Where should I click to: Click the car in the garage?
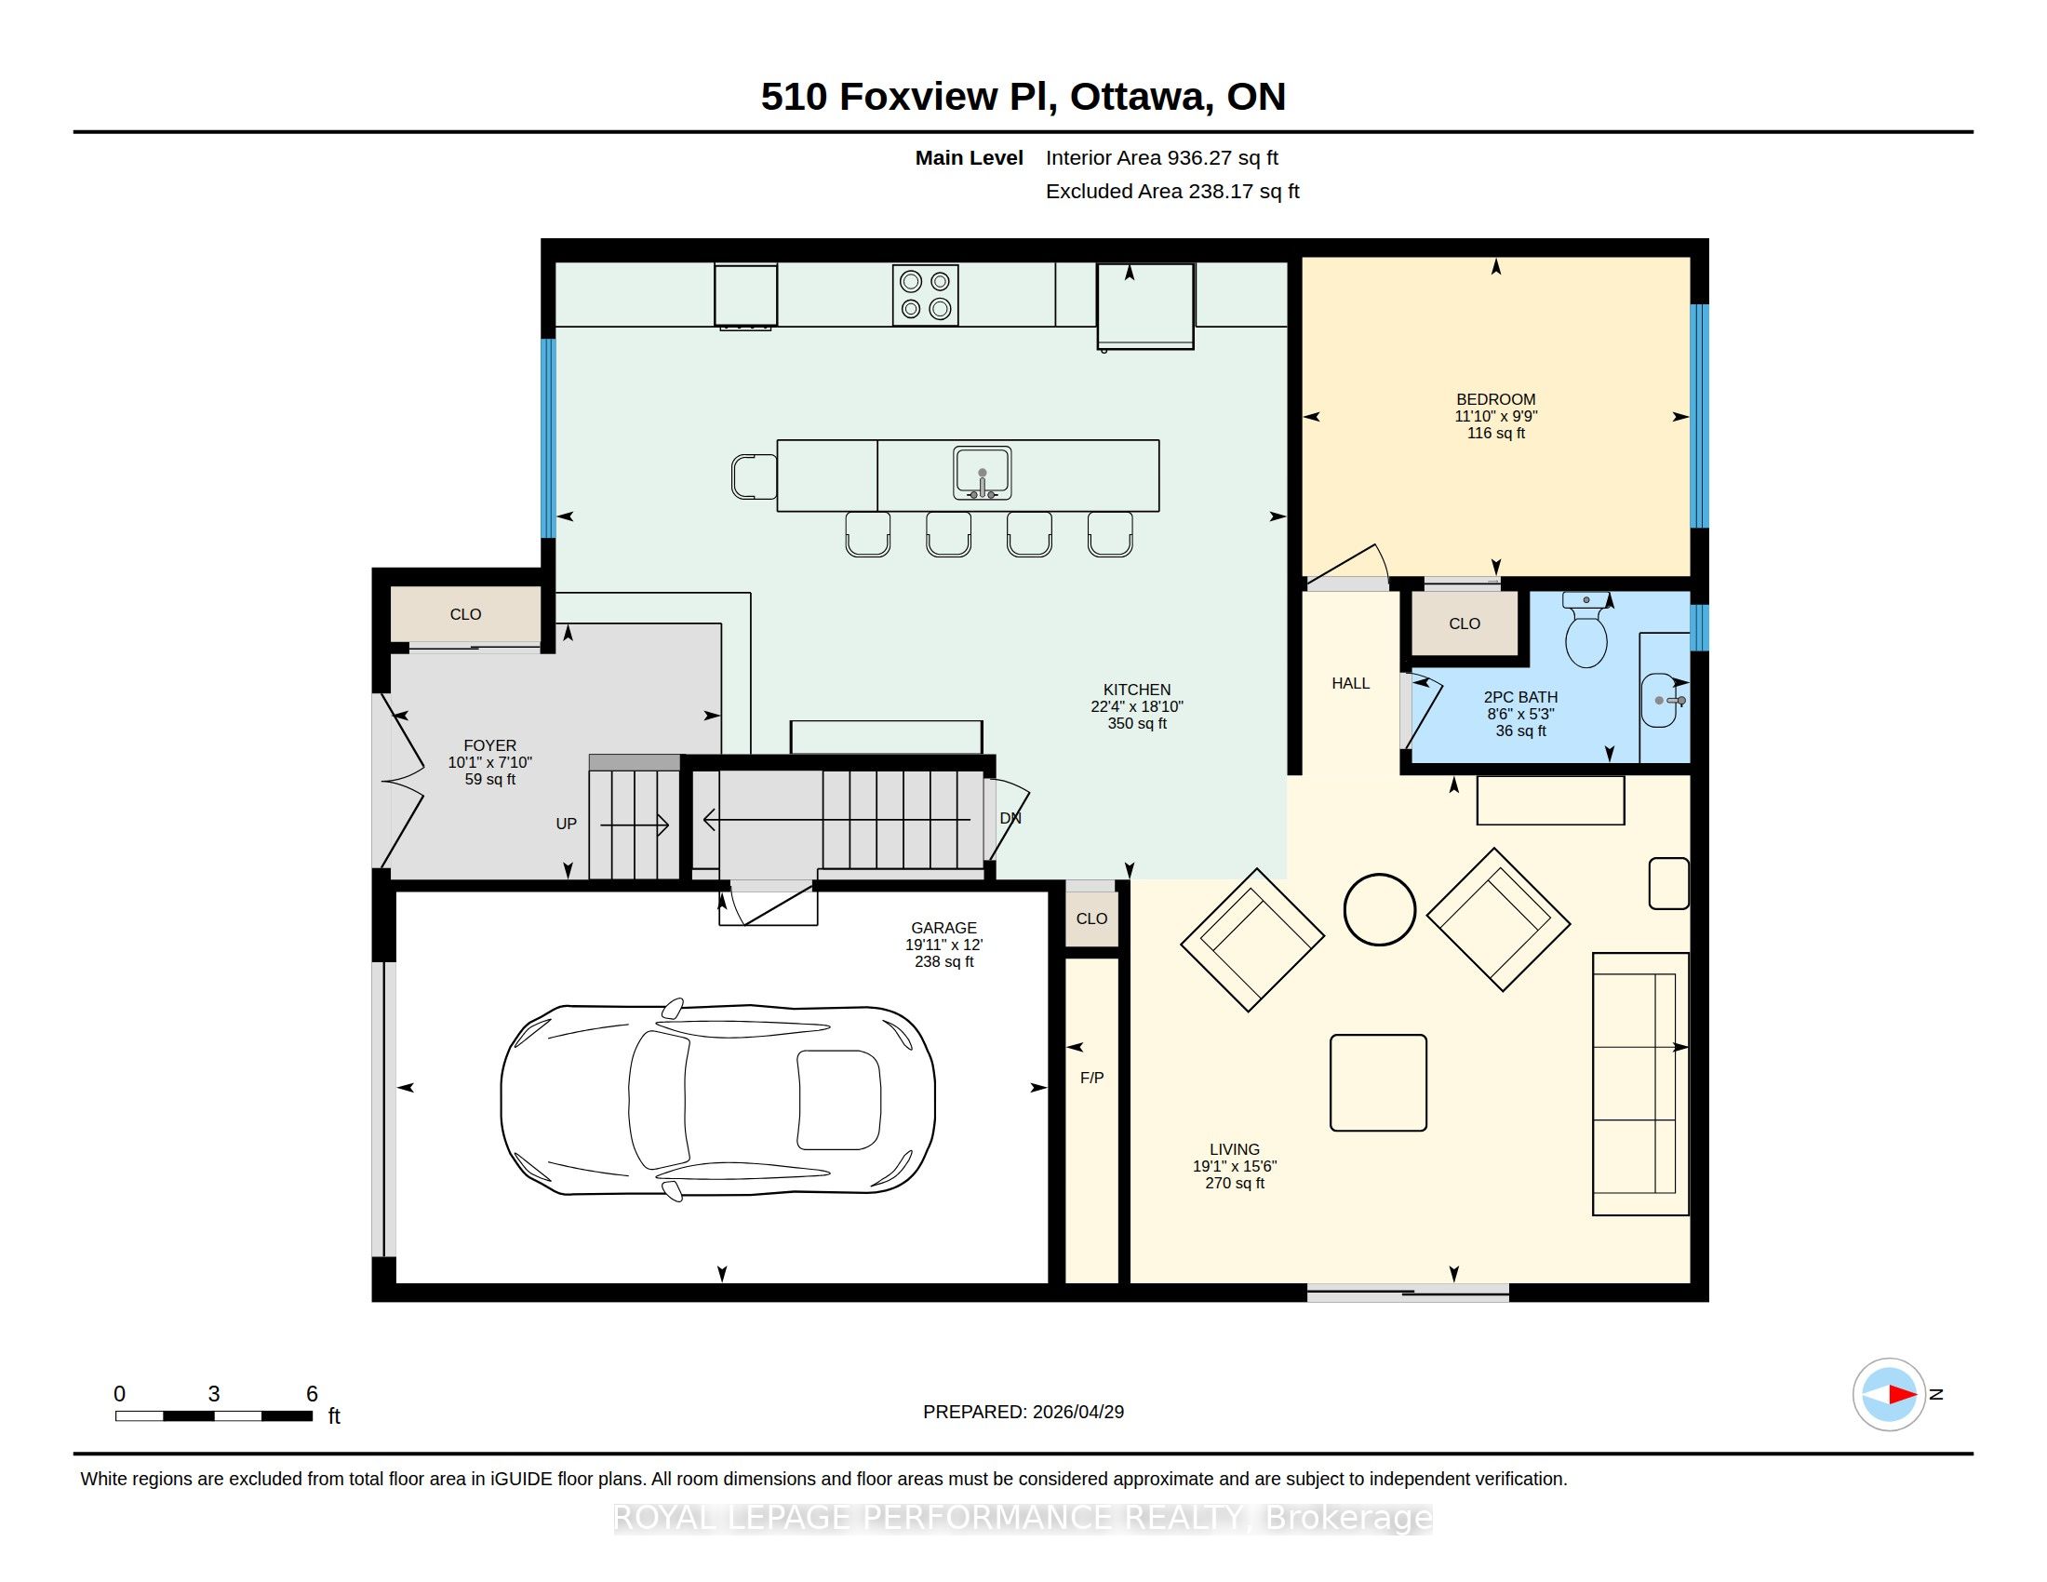pyautogui.click(x=718, y=1099)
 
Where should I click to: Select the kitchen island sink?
pyautogui.click(x=982, y=474)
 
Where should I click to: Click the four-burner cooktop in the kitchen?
pyautogui.click(x=925, y=295)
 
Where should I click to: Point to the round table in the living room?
pyautogui.click(x=1379, y=909)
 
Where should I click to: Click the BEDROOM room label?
pyautogui.click(x=1496, y=399)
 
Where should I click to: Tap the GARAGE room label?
pyautogui.click(x=943, y=928)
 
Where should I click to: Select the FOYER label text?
pyautogui.click(x=489, y=746)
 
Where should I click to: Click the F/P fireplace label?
pyautogui.click(x=1092, y=1078)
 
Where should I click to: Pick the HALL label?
pyautogui.click(x=1351, y=683)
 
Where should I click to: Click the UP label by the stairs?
pyautogui.click(x=566, y=824)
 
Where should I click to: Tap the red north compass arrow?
pyautogui.click(x=1902, y=1395)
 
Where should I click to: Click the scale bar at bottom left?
pyautogui.click(x=214, y=1416)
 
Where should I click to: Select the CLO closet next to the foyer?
pyautogui.click(x=466, y=615)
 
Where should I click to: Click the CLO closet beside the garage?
pyautogui.click(x=1092, y=918)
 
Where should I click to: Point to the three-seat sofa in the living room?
pyautogui.click(x=1640, y=1084)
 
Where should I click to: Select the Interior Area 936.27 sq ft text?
pyautogui.click(x=1162, y=158)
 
